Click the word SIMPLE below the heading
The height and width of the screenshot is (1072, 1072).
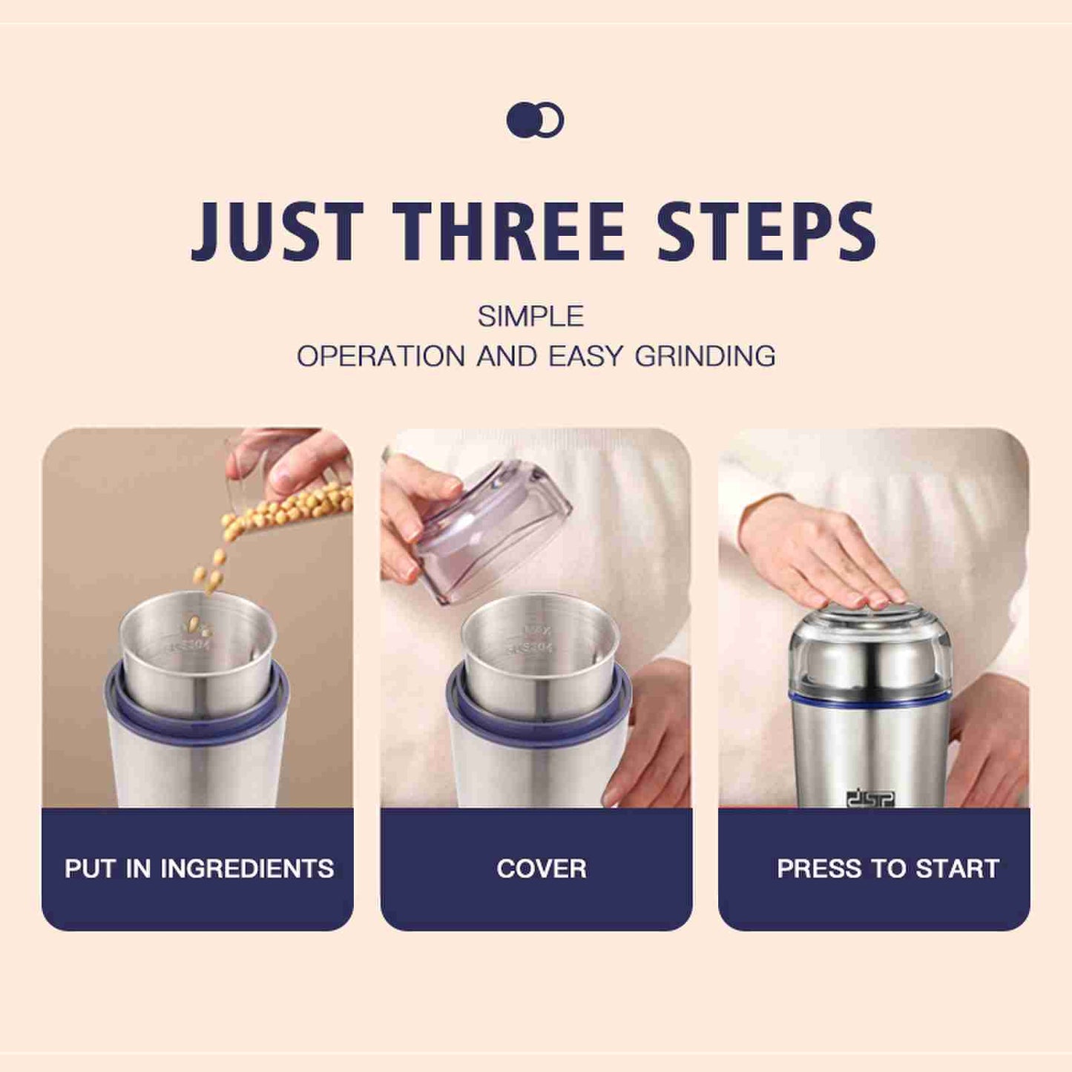(x=530, y=317)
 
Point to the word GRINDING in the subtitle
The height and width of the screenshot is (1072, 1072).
(x=705, y=356)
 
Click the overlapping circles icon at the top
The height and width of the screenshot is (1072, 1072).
(x=535, y=119)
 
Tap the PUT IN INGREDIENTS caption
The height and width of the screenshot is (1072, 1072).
(x=199, y=869)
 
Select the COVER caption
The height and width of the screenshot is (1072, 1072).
(x=542, y=869)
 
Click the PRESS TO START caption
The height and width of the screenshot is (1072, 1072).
(x=888, y=869)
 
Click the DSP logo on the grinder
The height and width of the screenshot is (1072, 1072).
(x=871, y=798)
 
